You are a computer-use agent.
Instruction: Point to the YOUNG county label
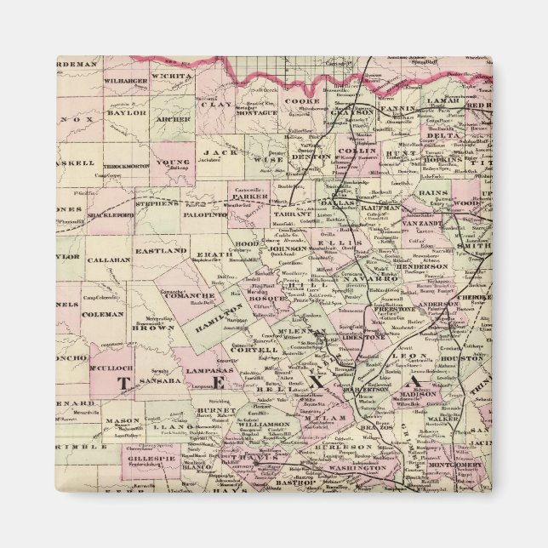tap(173, 162)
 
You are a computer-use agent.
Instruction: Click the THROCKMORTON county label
tap(124, 166)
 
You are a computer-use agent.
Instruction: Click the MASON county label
tap(123, 420)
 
